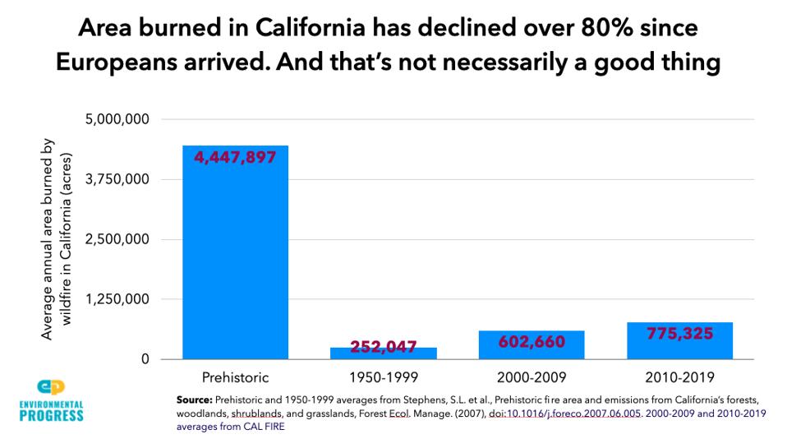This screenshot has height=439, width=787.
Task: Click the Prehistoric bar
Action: click(235, 255)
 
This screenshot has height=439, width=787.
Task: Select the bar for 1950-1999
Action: click(383, 354)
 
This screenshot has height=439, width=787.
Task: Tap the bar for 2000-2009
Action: click(531, 345)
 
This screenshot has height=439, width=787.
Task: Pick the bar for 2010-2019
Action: click(679, 341)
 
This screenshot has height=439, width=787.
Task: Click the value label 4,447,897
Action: click(235, 157)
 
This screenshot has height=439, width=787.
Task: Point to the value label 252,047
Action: click(383, 347)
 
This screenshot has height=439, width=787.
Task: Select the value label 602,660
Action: click(531, 341)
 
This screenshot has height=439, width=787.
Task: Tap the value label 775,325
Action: click(679, 333)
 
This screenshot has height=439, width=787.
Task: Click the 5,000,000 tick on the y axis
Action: click(117, 120)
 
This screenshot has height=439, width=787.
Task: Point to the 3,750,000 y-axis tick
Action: click(117, 180)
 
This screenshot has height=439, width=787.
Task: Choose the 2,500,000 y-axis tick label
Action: click(117, 240)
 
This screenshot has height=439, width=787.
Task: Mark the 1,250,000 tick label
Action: click(117, 299)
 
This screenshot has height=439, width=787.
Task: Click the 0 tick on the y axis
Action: click(145, 359)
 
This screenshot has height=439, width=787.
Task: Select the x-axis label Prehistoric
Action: click(235, 378)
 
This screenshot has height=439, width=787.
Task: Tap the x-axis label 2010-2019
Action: click(679, 378)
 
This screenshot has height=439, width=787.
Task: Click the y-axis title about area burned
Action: click(56, 239)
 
